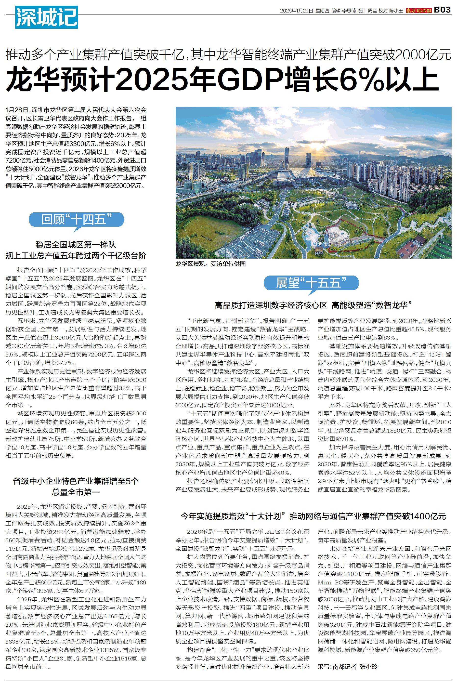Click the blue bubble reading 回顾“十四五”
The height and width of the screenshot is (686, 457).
pyautogui.click(x=76, y=219)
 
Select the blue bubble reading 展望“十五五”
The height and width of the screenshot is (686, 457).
pyautogui.click(x=311, y=282)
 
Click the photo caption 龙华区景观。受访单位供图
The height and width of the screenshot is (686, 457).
pyautogui.click(x=210, y=264)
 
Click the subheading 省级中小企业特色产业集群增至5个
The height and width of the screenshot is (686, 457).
pyautogui.click(x=76, y=481)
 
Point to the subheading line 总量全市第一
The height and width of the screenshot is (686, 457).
pyautogui.click(x=76, y=492)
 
